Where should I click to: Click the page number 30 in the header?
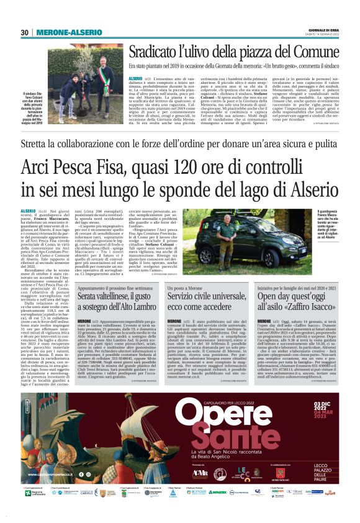(25, 32)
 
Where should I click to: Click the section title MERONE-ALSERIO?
(61, 32)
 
